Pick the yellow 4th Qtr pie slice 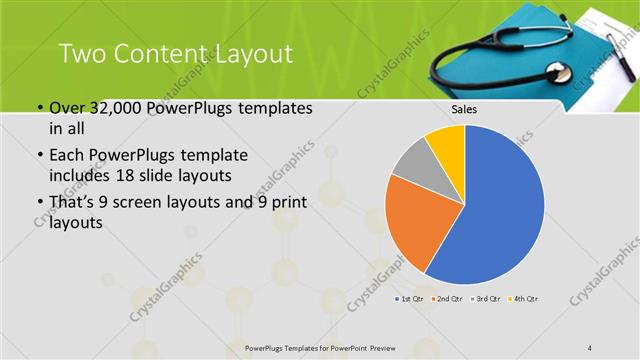pyautogui.click(x=447, y=145)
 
